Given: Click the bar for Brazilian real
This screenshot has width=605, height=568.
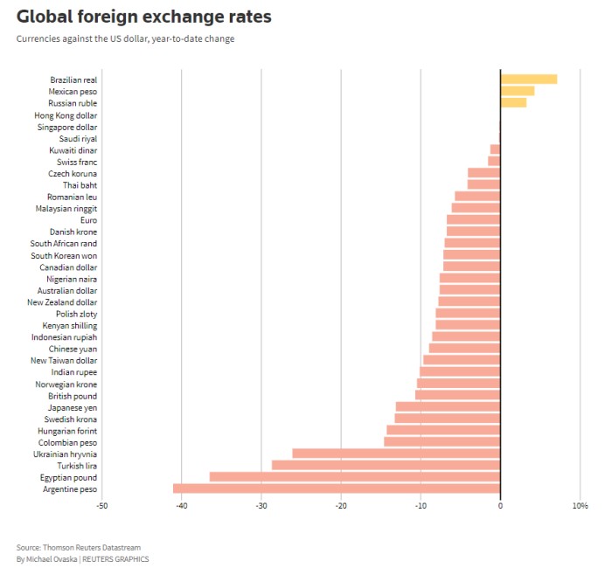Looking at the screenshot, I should [x=528, y=80].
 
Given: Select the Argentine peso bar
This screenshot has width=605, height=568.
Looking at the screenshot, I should [x=337, y=488].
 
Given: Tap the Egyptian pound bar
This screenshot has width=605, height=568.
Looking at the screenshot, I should [x=355, y=477].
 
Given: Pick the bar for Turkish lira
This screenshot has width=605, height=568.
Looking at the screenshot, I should [x=386, y=465].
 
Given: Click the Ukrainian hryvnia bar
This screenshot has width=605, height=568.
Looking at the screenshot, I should [x=396, y=454].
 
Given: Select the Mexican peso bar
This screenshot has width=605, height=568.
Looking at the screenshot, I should [x=517, y=91].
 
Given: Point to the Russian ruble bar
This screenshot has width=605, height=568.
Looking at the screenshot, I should [x=513, y=102].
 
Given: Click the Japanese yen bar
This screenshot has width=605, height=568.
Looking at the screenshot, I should [x=448, y=406].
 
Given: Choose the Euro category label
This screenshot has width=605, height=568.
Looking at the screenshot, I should [x=88, y=220].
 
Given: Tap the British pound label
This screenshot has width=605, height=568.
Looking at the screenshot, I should [x=73, y=396].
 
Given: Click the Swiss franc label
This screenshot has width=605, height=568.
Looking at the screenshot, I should [x=77, y=162].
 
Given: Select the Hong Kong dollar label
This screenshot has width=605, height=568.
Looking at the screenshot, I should [x=66, y=115].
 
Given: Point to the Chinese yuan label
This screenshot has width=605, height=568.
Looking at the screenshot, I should [x=73, y=349].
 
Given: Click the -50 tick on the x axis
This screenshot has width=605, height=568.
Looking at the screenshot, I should [x=101, y=506].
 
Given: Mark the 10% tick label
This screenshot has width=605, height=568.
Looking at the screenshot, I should [x=580, y=506].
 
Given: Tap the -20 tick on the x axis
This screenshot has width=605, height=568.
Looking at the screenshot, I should [x=340, y=506].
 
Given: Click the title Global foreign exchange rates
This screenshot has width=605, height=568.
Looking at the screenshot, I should [x=144, y=17].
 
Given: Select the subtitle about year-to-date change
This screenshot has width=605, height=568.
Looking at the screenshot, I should [x=125, y=38].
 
